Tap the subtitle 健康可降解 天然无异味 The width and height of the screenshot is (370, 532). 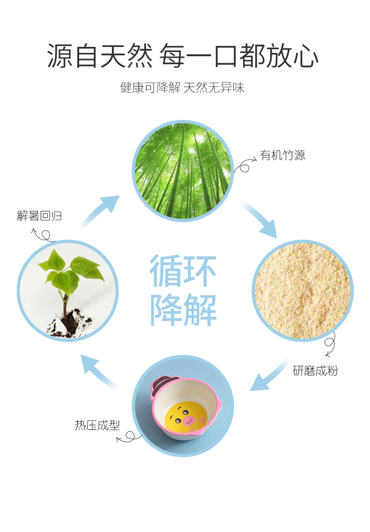(183, 88)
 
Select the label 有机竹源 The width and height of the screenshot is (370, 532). (282, 156)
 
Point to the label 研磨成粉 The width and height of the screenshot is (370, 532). (315, 371)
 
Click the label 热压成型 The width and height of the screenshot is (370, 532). (97, 425)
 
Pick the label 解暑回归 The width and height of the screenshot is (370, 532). (39, 216)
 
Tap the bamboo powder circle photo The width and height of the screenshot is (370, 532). (302, 290)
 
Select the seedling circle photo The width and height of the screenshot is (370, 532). (67, 290)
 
